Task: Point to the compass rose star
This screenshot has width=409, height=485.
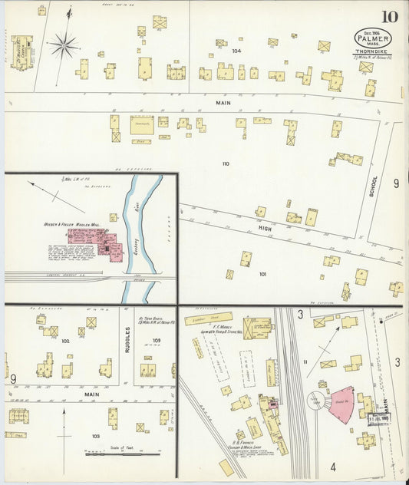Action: [64, 45]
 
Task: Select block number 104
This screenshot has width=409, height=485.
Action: [236, 51]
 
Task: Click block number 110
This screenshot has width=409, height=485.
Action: [225, 163]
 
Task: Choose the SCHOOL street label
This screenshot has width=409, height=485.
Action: [374, 183]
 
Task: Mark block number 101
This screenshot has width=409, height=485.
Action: [262, 274]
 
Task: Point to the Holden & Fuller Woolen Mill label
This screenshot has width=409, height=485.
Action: [65, 225]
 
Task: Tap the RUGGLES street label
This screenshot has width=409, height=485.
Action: [128, 341]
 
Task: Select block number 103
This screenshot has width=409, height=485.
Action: [95, 436]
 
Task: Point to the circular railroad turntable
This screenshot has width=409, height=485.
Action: [317, 401]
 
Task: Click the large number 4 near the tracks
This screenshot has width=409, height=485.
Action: [332, 466]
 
